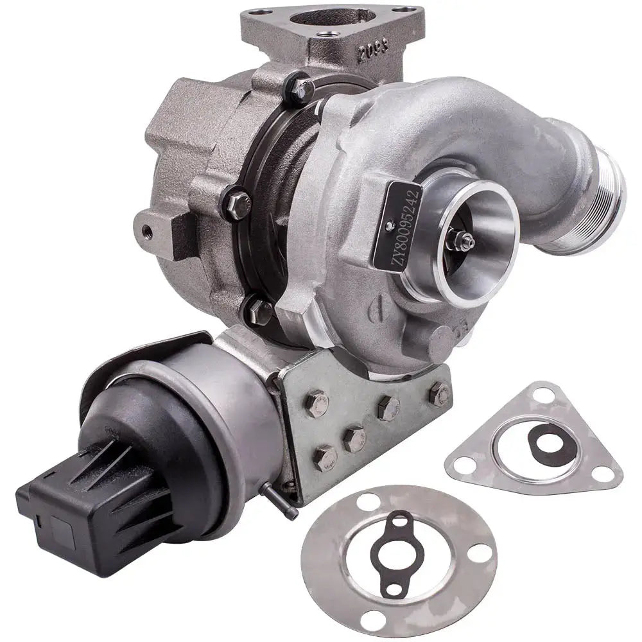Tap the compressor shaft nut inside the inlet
[464, 238]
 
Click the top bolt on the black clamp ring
[299, 89]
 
